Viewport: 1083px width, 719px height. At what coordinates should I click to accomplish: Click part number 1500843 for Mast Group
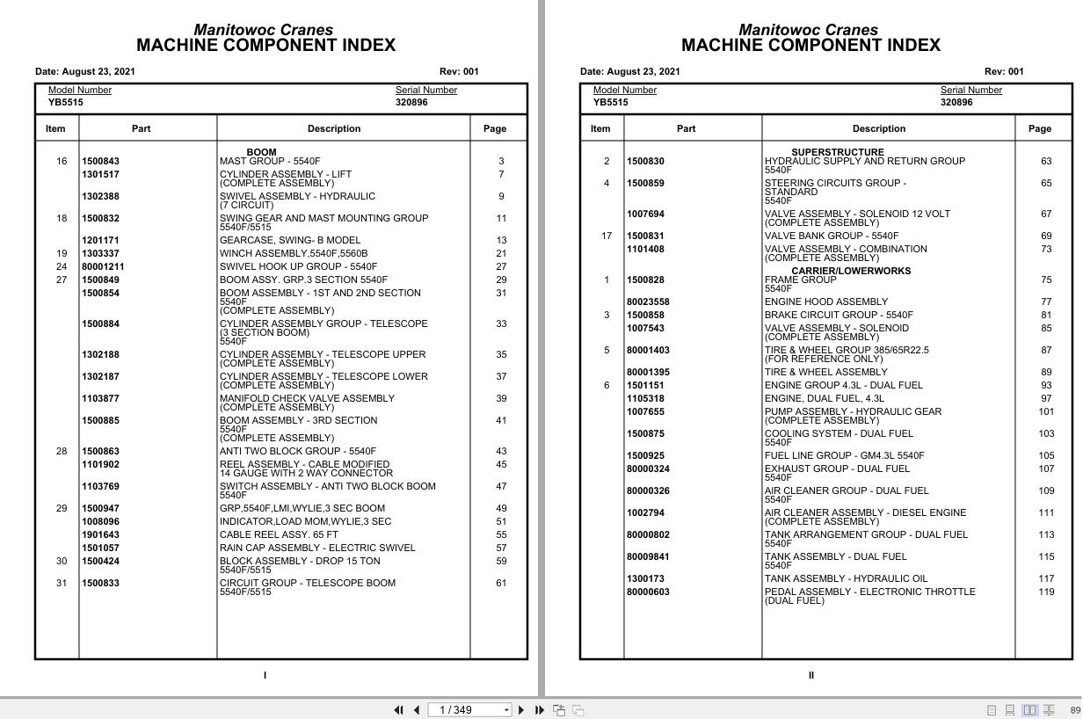[100, 162]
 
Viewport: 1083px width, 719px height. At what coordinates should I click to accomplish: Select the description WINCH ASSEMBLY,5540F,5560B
[294, 254]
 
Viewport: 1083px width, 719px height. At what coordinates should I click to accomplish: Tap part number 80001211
[103, 267]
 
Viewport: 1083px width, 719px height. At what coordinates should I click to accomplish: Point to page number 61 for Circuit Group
[501, 584]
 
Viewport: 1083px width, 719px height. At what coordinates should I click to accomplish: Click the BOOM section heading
[261, 152]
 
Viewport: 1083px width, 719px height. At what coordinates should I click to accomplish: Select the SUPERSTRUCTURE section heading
[837, 152]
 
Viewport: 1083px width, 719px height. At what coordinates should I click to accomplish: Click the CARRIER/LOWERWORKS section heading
[850, 272]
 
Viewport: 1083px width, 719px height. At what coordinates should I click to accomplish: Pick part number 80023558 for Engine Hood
[648, 302]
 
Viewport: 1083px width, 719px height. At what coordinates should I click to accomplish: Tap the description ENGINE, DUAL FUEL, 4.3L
[824, 399]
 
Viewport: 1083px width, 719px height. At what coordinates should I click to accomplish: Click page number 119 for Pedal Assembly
[1046, 592]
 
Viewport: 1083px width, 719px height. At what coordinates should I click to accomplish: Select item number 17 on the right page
[607, 236]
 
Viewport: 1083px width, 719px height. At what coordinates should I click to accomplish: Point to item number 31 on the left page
[62, 584]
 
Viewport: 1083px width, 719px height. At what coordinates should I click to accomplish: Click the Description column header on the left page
[333, 129]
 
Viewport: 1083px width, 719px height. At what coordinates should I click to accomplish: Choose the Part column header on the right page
[686, 129]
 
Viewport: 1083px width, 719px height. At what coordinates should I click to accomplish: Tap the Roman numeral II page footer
[810, 676]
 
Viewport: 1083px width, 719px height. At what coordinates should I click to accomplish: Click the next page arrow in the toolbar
[521, 710]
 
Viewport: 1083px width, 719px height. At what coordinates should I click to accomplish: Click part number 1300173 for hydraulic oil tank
[645, 579]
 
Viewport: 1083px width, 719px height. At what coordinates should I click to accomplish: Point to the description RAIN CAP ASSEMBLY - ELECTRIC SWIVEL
[317, 548]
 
